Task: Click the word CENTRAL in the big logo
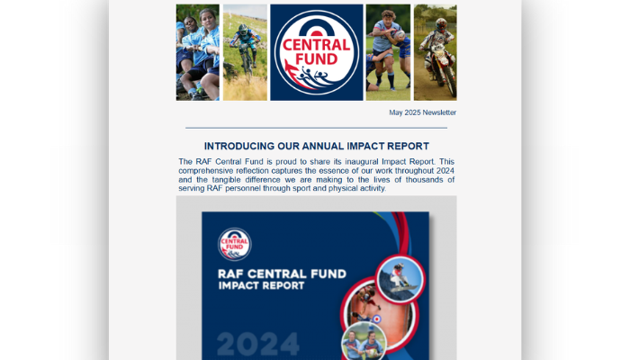point(317,45)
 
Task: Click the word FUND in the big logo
point(317,59)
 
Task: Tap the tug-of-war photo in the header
point(198,52)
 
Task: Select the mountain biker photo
point(245,52)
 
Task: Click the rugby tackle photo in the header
point(388,52)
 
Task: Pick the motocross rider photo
point(435,52)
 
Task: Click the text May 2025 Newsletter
point(422,112)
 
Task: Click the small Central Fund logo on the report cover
point(235,244)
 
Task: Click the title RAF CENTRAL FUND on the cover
point(282,274)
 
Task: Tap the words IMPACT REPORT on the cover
point(261,285)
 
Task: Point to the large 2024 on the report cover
point(258,345)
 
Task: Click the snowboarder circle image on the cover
point(400,279)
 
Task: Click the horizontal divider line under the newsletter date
point(316,128)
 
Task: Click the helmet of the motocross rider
point(441,24)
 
